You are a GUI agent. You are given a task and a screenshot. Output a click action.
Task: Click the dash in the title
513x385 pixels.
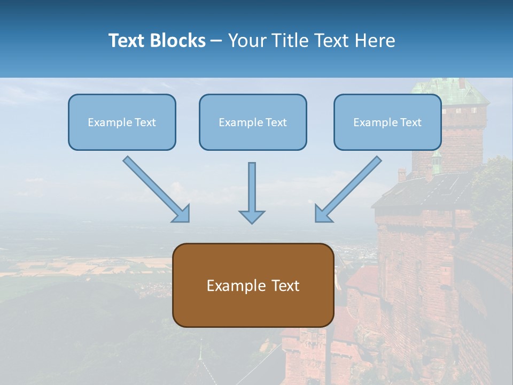point(216,41)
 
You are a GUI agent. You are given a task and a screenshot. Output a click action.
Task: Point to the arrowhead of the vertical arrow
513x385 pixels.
point(252,217)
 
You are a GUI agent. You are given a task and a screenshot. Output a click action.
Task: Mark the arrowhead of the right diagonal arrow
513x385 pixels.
point(323,214)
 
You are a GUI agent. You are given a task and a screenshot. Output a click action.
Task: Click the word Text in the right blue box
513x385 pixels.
point(410,122)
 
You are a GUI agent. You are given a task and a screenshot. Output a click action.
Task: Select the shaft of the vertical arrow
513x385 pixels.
point(252,184)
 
